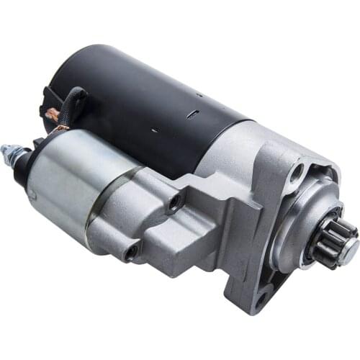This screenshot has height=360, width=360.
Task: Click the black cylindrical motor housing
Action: click(144, 94)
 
